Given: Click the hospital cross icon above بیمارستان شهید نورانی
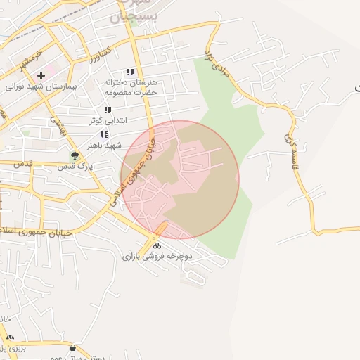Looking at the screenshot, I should (x=41, y=75).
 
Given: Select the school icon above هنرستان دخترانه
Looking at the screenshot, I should (x=130, y=72).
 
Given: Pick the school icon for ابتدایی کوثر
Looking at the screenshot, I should (x=108, y=110).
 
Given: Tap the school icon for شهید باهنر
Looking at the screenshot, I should (x=105, y=134).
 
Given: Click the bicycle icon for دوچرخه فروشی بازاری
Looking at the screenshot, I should (x=157, y=245).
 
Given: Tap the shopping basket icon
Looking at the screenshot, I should (x=74, y=348).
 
